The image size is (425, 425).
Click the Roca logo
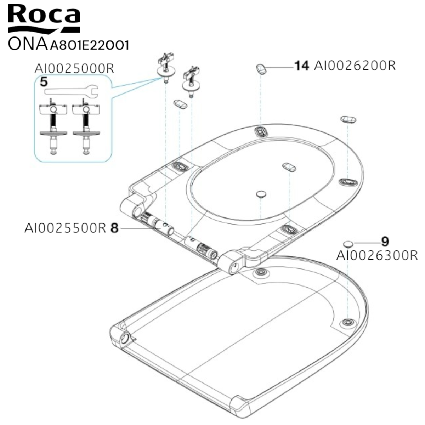44,19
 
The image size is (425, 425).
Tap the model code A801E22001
89,45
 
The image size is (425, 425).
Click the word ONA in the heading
28,44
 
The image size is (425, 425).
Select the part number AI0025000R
74,68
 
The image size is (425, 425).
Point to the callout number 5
44,82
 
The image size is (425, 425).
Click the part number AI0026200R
355,66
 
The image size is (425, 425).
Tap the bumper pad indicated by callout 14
261,69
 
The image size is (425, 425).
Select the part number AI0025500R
65,228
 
